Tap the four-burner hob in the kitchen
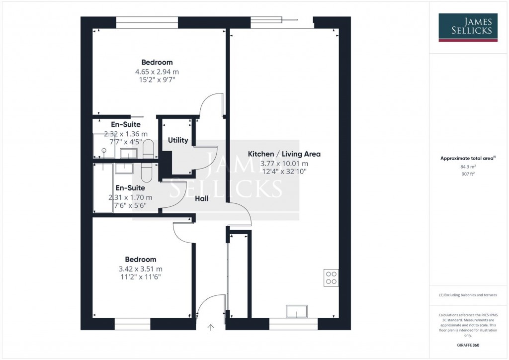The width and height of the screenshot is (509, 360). point(331,277)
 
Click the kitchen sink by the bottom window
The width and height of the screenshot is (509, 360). point(297,311)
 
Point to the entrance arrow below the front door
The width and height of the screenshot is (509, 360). point(211,327)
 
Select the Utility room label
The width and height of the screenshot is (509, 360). point(178,140)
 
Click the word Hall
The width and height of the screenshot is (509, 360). point(201,198)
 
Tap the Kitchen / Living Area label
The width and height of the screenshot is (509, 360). point(284,154)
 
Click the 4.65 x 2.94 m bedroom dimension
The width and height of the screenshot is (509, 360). point(157,72)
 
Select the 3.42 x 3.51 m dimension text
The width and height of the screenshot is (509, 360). point(141,269)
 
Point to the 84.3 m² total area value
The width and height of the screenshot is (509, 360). point(468,167)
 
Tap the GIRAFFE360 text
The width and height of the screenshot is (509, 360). point(468,345)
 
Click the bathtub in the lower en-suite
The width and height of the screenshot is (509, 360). point(103,188)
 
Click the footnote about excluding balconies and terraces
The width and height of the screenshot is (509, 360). point(468,295)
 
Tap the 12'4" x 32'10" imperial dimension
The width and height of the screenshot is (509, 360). point(284,172)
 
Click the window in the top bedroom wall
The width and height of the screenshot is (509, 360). point(147,22)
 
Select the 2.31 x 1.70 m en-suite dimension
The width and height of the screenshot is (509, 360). point(130,197)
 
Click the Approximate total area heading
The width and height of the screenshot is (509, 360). point(467,158)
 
